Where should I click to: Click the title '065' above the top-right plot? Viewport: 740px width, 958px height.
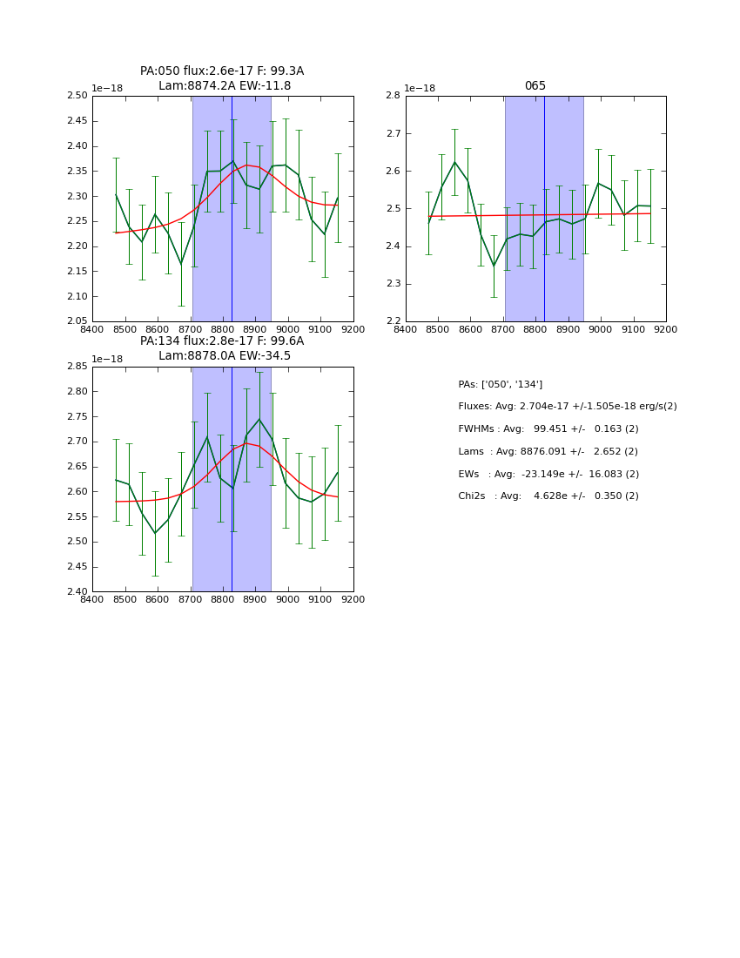tap(535, 86)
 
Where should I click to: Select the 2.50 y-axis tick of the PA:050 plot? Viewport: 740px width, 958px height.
tap(78, 96)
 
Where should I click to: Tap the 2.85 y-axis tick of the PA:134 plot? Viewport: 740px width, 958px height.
tap(78, 367)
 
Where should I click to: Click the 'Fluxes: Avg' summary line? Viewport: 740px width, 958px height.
tap(567, 407)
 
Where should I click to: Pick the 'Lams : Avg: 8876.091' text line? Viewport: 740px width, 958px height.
tap(548, 452)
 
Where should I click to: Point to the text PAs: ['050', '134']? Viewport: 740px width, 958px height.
tap(500, 384)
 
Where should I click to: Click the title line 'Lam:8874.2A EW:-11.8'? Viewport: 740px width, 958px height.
tap(225, 86)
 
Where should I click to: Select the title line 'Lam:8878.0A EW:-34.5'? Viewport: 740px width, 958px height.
tap(225, 356)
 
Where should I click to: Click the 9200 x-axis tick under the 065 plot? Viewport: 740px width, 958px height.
tap(666, 329)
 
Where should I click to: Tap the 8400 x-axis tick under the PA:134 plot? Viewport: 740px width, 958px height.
tap(92, 599)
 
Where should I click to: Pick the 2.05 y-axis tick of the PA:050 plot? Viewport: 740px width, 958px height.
tap(78, 321)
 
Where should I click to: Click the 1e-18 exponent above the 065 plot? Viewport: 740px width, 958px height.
tap(420, 89)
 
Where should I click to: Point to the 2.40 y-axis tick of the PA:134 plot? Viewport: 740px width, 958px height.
tap(78, 591)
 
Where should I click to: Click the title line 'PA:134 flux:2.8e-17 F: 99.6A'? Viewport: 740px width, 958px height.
tap(222, 341)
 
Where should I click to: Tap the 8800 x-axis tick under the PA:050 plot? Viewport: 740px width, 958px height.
tap(223, 329)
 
